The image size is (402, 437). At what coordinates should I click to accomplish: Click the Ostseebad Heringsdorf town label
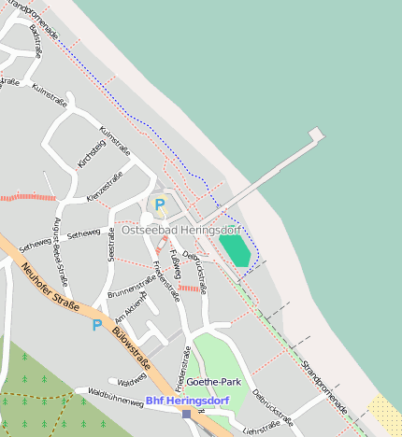[x=180, y=230]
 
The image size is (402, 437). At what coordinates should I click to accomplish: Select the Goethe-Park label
[x=214, y=382]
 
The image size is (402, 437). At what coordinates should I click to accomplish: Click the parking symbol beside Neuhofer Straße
[x=96, y=325]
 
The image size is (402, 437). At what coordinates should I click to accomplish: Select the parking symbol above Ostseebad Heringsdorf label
[x=160, y=204]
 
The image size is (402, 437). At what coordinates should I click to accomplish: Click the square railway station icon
[x=187, y=413]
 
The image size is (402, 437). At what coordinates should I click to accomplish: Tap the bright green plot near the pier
[x=235, y=250]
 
